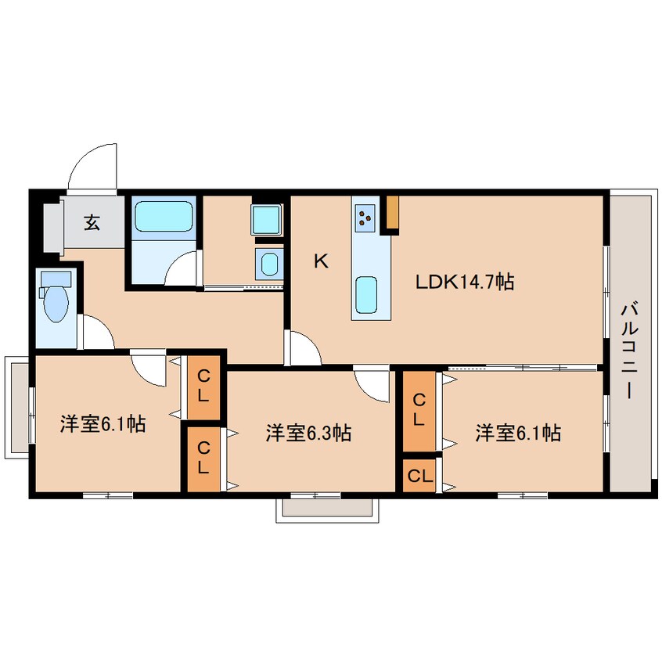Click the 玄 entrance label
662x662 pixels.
tap(92, 222)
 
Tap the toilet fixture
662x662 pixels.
tap(56, 297)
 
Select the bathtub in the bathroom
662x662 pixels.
tap(164, 217)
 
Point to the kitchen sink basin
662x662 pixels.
tap(366, 295)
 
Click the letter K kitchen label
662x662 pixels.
tap(322, 262)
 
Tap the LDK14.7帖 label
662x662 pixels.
tap(465, 282)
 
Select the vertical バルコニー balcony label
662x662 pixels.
tap(629, 350)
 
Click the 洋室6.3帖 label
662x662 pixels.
tap(308, 434)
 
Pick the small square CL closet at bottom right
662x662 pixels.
tap(419, 476)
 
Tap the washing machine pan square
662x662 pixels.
tap(266, 220)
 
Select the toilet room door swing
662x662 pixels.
tap(98, 332)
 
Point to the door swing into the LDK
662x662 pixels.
tap(303, 348)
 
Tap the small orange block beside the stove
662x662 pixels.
tap(393, 212)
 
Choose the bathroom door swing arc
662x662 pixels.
tap(182, 268)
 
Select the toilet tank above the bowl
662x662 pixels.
tap(56, 279)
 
